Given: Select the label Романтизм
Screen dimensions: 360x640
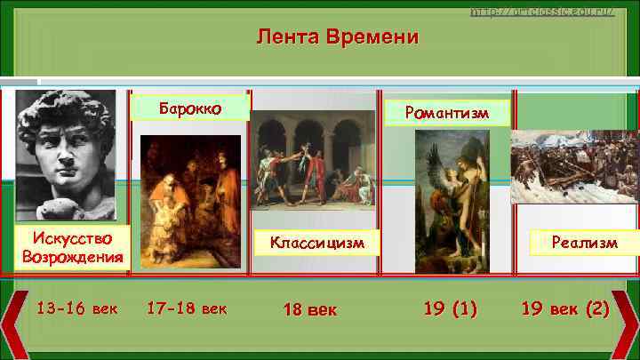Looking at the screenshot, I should (446, 113).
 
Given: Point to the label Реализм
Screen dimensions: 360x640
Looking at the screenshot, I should (582, 242).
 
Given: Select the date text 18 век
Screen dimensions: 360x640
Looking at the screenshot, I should (309, 309).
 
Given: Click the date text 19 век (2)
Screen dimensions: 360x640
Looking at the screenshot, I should (565, 308).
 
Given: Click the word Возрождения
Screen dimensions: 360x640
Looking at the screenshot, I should (71, 258).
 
